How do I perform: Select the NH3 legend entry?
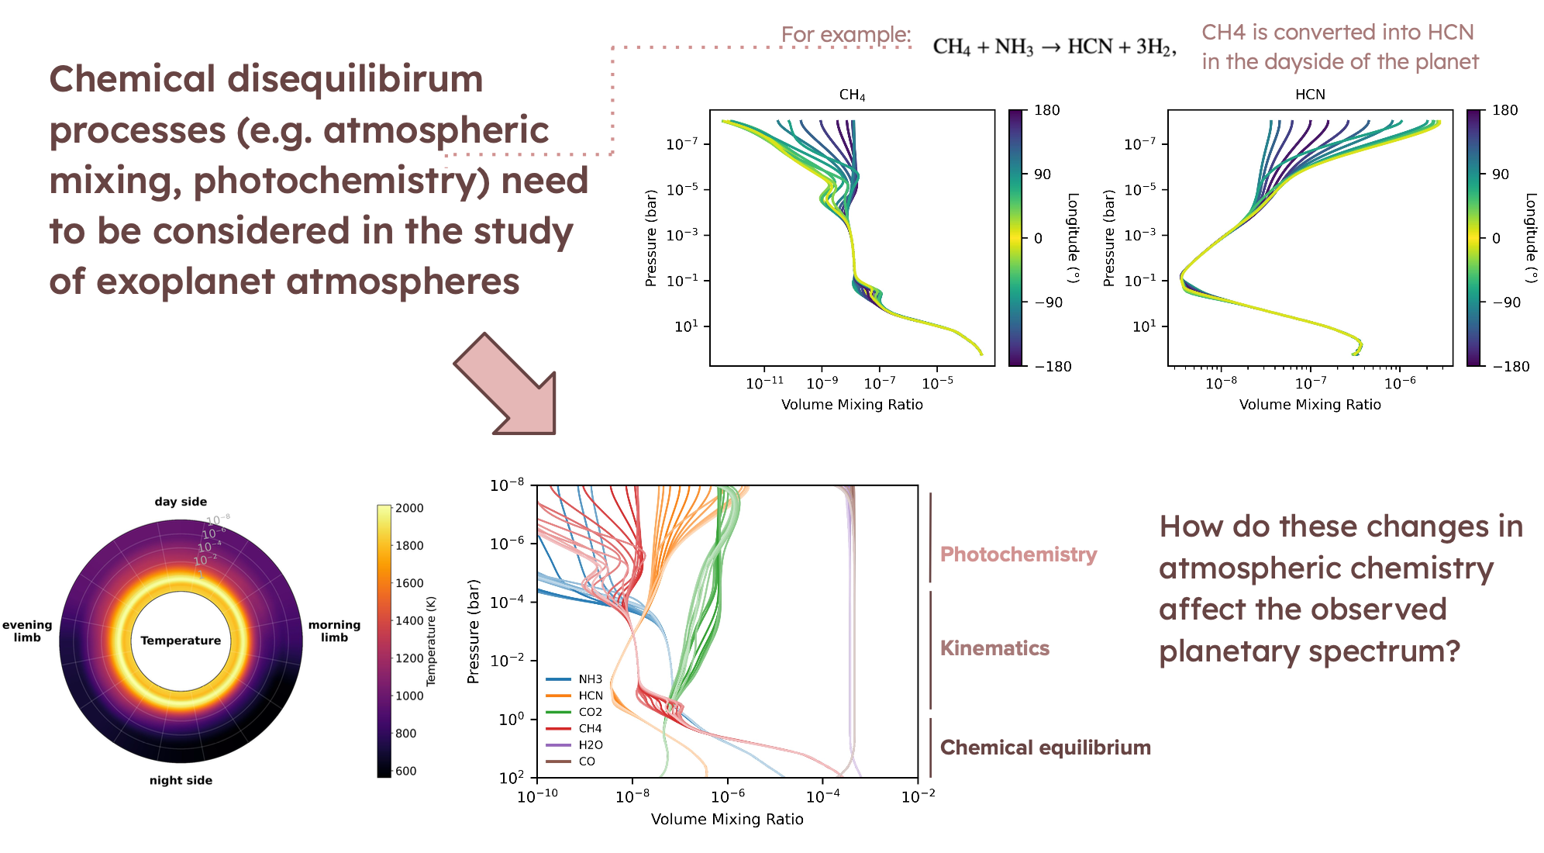pos(590,679)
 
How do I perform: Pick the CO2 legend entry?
pos(590,712)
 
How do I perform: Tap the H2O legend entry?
pos(590,744)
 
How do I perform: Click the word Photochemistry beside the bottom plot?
pos(1018,554)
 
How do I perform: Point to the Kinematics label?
pos(994,648)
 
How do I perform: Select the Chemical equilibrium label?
pos(1045,748)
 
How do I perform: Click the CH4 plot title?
pos(852,95)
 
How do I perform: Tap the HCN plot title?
pos(1310,95)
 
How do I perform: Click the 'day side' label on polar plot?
pos(181,502)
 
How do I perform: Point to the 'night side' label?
pos(181,780)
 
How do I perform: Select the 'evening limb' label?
pos(27,631)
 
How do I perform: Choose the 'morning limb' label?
pos(334,631)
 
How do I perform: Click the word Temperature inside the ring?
pos(181,641)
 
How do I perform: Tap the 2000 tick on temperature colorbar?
pos(409,508)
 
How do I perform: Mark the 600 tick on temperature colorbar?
pos(405,771)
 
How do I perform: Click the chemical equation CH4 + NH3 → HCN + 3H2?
pos(1054,47)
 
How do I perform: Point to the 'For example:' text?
pos(846,35)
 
